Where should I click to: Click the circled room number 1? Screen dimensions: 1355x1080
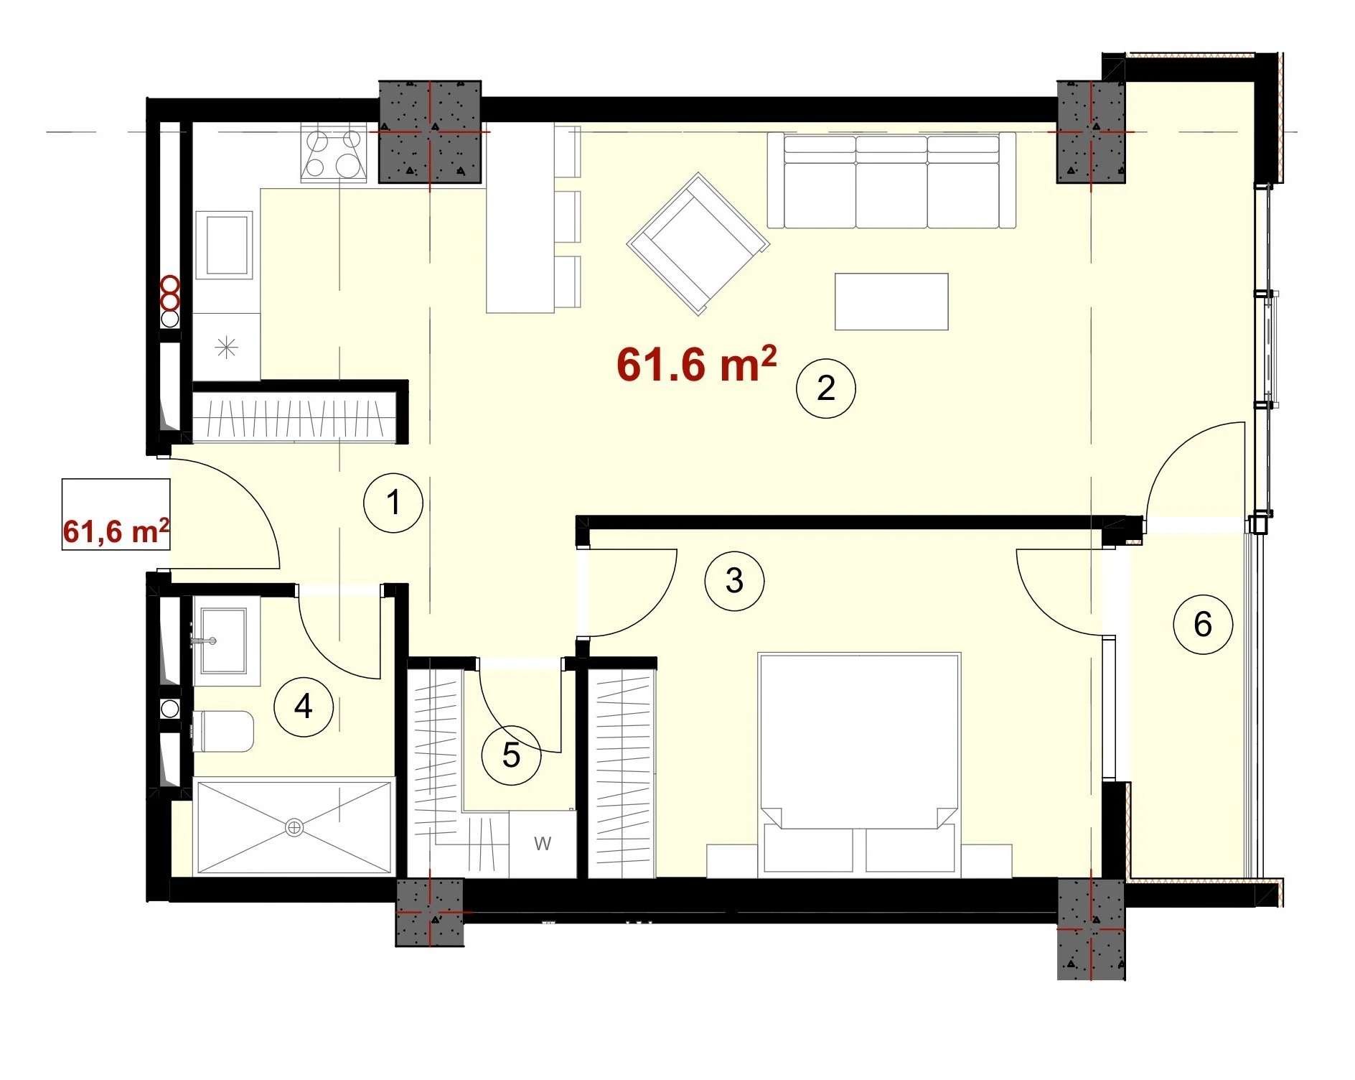point(393,503)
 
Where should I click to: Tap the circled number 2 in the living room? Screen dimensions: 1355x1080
point(826,388)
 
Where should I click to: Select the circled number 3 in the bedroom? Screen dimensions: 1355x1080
point(734,581)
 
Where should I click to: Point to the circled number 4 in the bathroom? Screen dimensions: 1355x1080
point(304,707)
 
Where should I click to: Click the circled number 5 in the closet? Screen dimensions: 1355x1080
point(511,755)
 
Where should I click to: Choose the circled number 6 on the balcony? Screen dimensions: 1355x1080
point(1203,624)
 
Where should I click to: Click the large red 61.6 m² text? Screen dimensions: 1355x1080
point(696,364)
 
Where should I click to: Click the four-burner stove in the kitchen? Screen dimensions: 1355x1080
point(334,153)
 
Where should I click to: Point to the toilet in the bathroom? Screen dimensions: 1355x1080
point(222,731)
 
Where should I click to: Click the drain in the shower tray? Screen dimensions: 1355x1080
point(294,827)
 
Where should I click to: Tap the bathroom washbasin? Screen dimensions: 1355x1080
point(222,641)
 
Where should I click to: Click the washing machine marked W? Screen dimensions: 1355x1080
point(543,844)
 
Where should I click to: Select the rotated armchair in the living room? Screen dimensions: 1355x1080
point(698,243)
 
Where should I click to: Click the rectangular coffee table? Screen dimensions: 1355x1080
point(891,302)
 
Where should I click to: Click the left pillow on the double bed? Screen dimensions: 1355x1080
point(809,847)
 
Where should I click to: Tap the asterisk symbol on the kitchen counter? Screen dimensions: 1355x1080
point(227,348)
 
